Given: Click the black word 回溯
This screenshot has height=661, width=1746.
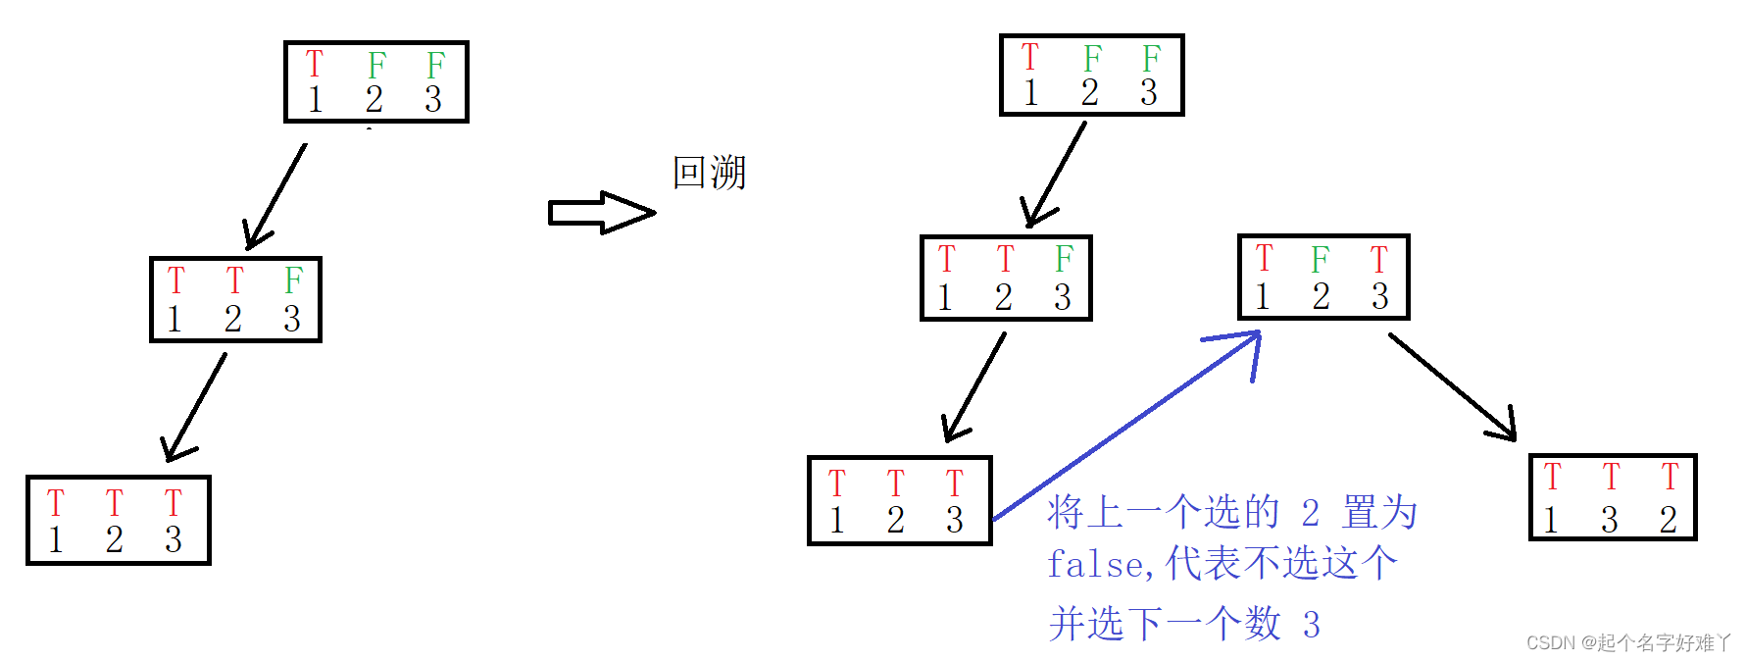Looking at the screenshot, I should [709, 173].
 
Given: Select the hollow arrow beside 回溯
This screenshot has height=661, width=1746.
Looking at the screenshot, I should [600, 212].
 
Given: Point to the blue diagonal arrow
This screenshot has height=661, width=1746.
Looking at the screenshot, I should [1127, 424].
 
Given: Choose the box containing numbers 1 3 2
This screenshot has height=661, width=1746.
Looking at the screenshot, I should [1613, 497].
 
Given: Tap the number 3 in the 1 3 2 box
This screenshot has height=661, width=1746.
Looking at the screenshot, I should [1609, 520].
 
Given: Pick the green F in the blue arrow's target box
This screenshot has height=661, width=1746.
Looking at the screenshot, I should [1321, 260].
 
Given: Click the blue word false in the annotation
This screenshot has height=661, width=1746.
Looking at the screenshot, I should [1094, 565].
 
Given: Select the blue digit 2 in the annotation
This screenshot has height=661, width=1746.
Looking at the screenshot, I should [1311, 513].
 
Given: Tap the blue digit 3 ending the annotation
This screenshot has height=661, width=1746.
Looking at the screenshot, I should [1311, 625].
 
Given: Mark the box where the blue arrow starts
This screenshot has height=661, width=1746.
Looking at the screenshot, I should [899, 500].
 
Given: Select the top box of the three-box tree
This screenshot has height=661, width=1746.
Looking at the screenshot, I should [375, 81].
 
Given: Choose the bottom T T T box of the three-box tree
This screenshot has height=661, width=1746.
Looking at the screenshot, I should [118, 520].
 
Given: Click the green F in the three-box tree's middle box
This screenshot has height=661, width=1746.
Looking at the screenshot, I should [293, 280].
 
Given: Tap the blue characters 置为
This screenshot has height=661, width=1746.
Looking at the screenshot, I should [1379, 513].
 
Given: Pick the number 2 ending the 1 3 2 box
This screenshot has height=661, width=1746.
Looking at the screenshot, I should [1669, 520].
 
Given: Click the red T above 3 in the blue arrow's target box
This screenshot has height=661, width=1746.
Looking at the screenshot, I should [1379, 260].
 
